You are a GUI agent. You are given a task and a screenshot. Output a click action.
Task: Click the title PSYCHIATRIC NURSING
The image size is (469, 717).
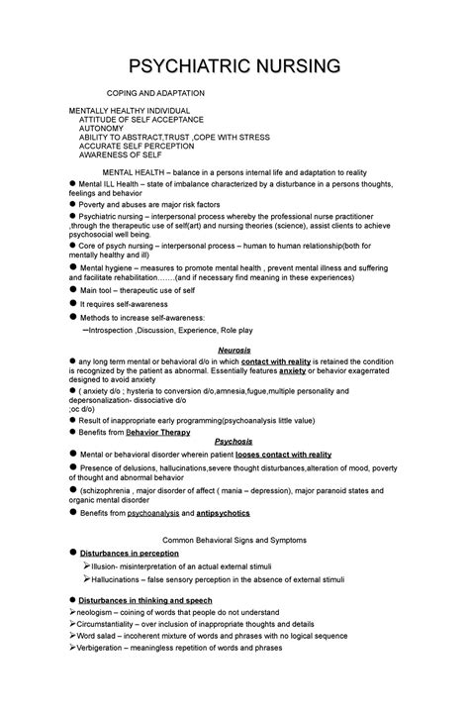234,66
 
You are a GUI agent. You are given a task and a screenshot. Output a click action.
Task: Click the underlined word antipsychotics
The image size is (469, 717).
223,514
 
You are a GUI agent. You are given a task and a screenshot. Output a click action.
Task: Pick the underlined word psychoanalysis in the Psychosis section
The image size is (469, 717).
146,514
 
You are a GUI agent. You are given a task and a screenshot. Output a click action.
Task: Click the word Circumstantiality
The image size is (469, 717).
109,625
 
